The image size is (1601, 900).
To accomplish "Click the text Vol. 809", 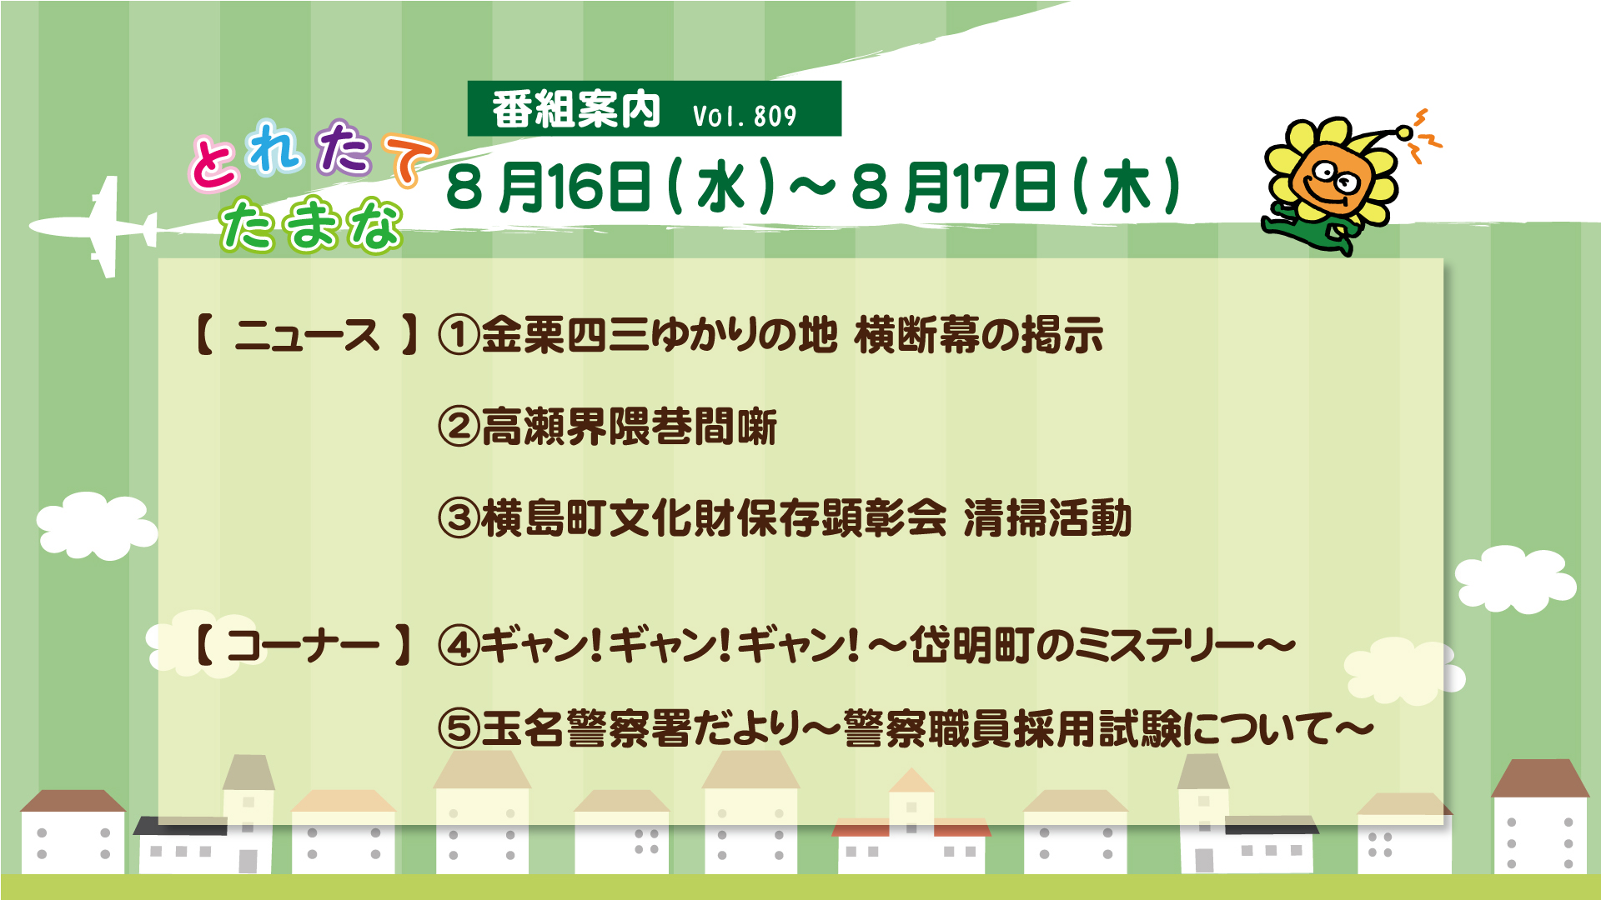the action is [x=745, y=116].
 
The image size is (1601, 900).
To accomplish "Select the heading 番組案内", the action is [x=576, y=109].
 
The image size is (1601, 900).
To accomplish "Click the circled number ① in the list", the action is [x=458, y=335].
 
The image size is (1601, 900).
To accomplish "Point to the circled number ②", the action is [x=458, y=427].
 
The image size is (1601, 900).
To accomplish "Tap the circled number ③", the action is [x=458, y=518].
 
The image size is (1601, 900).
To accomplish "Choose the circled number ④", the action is [x=458, y=646].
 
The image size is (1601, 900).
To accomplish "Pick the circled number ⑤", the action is [x=458, y=729].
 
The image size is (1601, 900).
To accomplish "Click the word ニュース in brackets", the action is [x=307, y=335].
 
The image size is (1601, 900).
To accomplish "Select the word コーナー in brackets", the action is [x=302, y=646].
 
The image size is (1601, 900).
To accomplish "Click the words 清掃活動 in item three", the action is [x=1048, y=518].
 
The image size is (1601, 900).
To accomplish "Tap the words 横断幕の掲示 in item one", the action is [x=979, y=335].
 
